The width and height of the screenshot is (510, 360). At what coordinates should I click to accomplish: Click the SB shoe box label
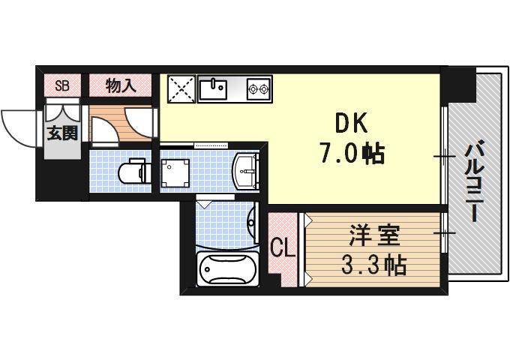62,85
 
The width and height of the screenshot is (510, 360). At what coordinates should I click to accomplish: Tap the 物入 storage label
120,85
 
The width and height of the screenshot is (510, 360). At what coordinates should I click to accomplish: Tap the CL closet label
282,247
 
